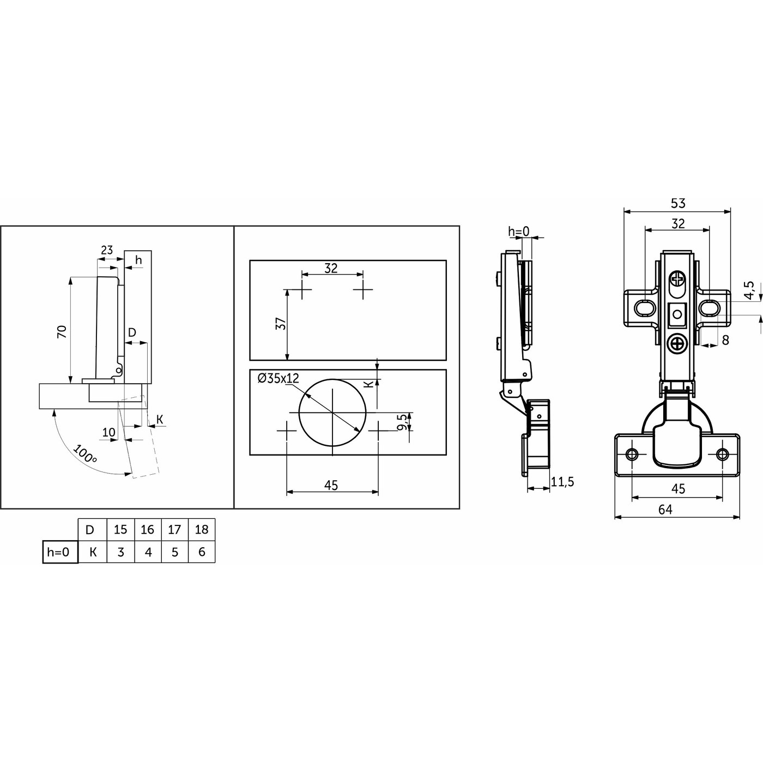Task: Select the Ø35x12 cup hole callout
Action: pos(278,378)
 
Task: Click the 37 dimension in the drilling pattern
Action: pos(280,324)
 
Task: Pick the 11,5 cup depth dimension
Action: pos(562,482)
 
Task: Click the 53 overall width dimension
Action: pos(678,203)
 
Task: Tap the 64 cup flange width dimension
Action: pos(665,510)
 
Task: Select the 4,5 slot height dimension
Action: pos(749,290)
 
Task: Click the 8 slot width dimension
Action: pos(725,340)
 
